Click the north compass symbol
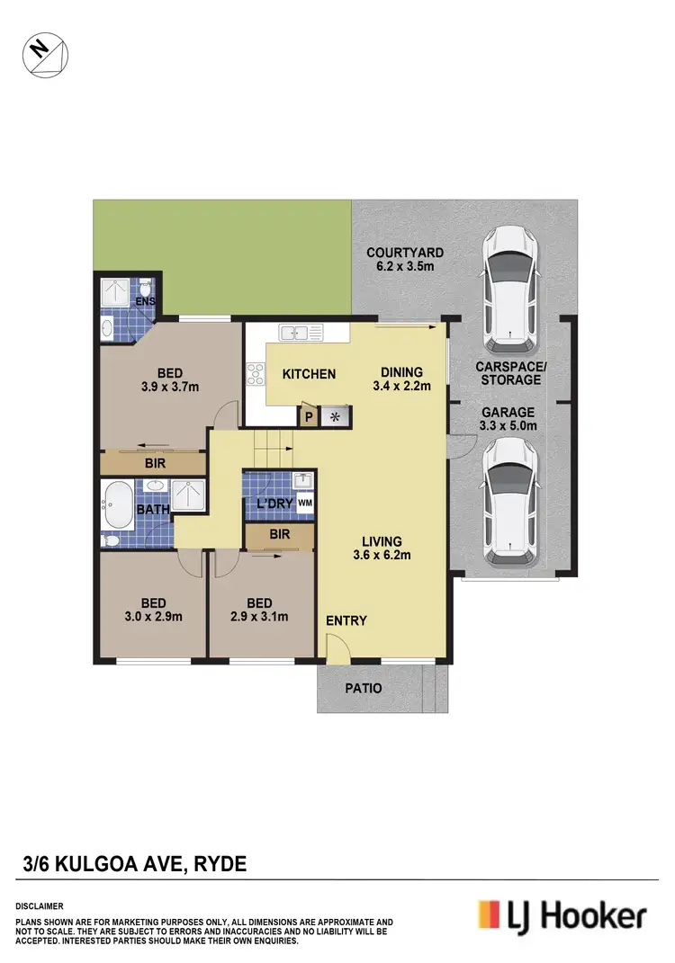44,51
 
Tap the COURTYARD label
404,259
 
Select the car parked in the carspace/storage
509,290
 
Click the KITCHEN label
309,374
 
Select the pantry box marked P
309,416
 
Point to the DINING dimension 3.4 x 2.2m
402,388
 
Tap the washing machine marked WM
304,503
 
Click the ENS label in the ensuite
145,302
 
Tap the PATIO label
364,689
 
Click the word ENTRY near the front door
346,620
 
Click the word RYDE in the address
212,864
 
